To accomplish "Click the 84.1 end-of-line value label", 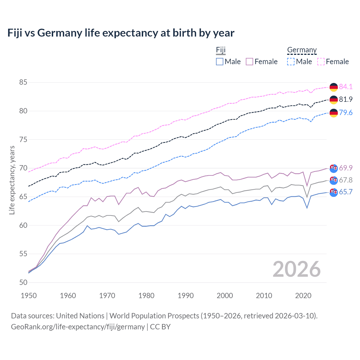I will point(346,87).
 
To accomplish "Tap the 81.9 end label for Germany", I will point(346,99).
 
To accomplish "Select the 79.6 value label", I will point(346,112).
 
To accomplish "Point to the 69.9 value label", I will point(346,168).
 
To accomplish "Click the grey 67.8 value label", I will point(346,180).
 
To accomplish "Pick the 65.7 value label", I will point(346,192).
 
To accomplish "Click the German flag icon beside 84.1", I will point(334,87).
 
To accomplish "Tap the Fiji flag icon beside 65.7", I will point(334,192).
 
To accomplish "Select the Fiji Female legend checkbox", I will point(249,62).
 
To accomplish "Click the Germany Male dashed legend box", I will point(291,62).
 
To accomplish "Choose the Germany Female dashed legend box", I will point(321,62).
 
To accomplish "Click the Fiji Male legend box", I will point(220,62).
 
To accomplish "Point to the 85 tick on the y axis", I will point(23,82).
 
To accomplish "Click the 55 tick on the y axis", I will point(23,254).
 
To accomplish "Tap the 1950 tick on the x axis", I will point(29,296).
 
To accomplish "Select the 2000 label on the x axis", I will point(225,296).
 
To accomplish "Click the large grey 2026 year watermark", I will point(296,269).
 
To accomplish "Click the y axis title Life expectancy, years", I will point(12,180).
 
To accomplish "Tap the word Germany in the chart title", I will point(60,33).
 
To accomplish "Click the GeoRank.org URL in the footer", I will point(78,327).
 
